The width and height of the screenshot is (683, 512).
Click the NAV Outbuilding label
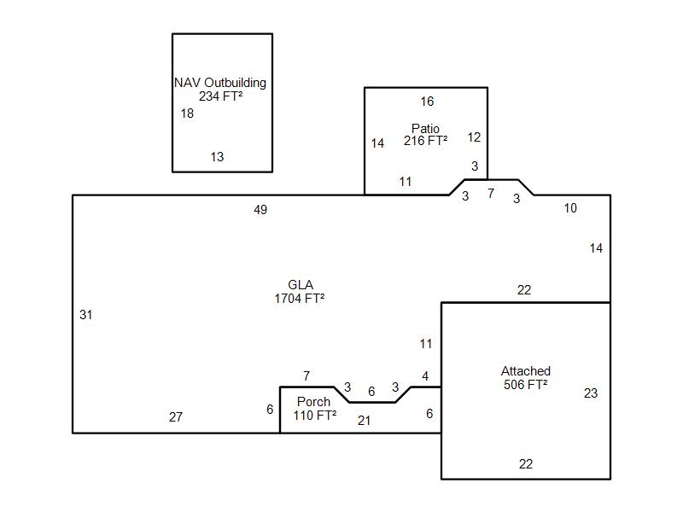[220, 83]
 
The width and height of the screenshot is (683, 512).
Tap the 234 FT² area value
[220, 96]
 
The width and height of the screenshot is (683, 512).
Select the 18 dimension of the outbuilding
[187, 113]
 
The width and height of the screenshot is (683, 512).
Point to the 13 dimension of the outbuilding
[217, 157]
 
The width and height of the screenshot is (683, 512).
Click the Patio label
[425, 129]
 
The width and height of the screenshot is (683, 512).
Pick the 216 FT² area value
[425, 141]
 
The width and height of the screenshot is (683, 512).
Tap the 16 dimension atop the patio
[427, 102]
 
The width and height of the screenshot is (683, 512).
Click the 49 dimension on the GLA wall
[260, 210]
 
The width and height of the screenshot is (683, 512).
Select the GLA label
[301, 285]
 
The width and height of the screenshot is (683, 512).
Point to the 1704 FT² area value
[299, 299]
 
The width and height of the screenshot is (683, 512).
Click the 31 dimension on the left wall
[85, 315]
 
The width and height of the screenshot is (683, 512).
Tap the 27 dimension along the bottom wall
[176, 417]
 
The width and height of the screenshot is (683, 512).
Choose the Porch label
[313, 402]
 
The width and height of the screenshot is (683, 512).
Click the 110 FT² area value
[314, 416]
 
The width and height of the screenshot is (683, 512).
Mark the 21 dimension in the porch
[365, 421]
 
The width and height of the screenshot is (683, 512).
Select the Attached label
[526, 371]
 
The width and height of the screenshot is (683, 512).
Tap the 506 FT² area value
[526, 385]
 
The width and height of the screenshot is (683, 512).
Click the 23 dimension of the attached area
[591, 393]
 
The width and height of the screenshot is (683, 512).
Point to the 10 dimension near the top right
[570, 208]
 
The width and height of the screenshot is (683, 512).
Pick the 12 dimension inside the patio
[474, 137]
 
